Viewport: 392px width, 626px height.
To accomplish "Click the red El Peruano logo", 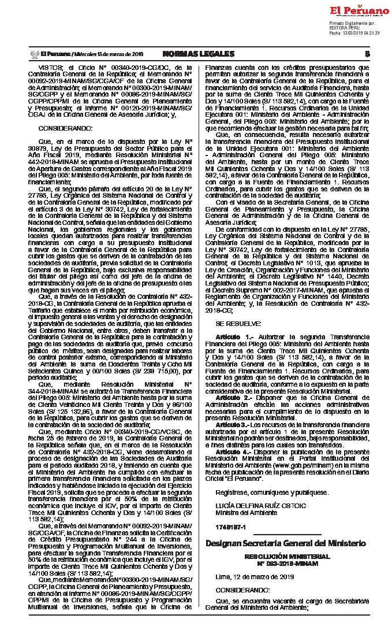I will point(359,11).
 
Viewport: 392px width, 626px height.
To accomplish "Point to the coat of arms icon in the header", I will point(33,54).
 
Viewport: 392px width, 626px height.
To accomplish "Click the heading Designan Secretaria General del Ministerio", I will point(286,544).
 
